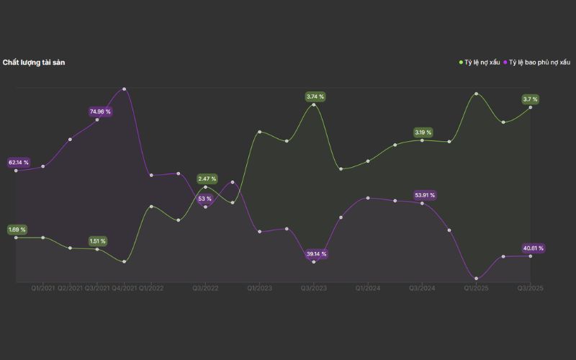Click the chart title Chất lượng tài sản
point(35,63)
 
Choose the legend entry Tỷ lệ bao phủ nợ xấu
point(541,63)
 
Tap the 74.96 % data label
point(100,112)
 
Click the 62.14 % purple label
point(19,163)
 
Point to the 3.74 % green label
point(315,96)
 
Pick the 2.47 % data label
point(207,179)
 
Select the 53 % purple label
point(204,199)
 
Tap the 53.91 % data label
point(424,195)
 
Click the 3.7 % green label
point(531,99)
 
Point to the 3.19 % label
point(423,132)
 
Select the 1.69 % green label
point(17,230)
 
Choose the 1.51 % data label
point(97,241)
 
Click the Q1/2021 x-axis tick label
point(43,288)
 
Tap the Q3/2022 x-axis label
point(205,288)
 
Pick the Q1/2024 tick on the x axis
point(367,288)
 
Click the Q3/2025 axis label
point(530,288)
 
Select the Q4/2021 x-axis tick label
point(125,288)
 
